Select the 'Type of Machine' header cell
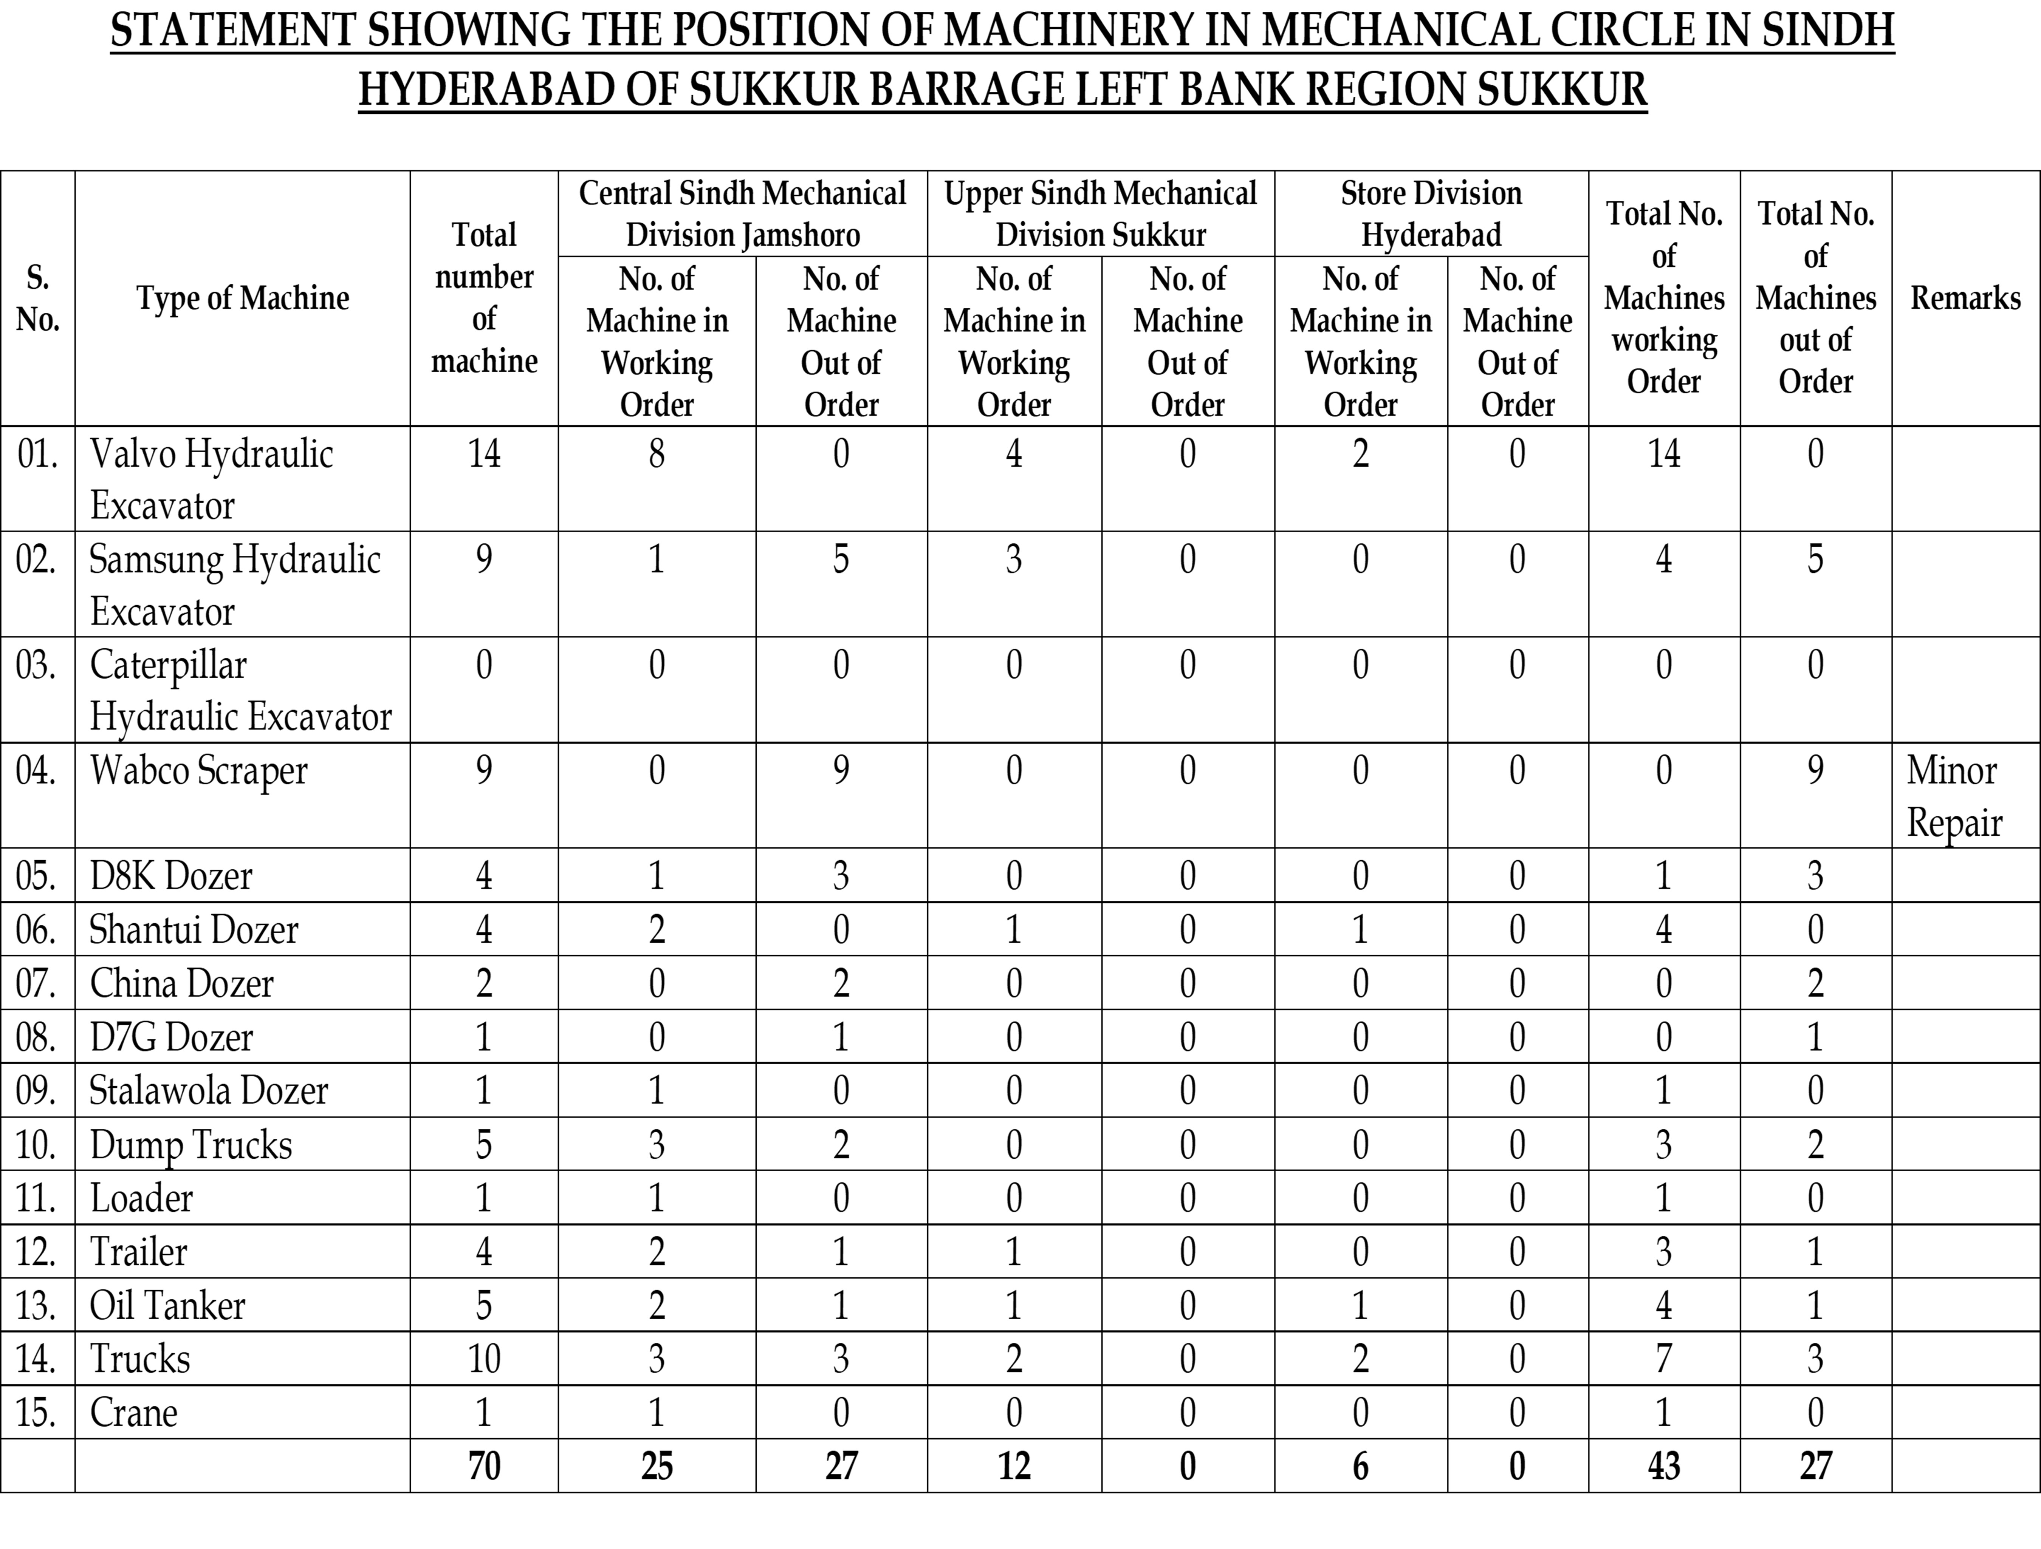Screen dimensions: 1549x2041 coord(243,298)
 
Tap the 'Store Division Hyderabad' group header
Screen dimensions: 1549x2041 coord(1431,214)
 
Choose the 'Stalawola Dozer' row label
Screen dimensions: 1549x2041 coord(209,1090)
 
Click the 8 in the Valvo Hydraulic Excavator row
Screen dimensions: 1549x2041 coord(656,454)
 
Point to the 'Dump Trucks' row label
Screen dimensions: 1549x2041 coord(191,1145)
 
